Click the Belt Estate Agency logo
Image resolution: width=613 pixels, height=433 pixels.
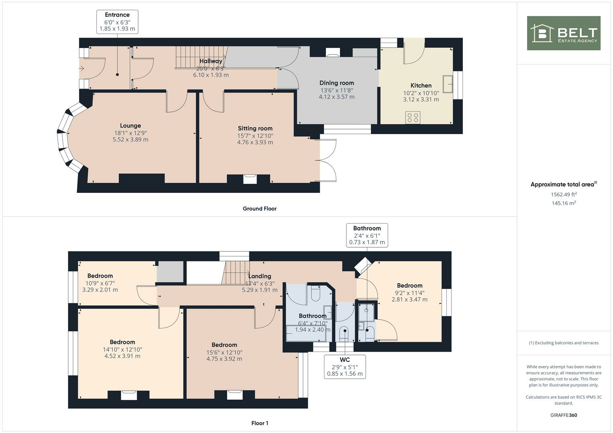coord(563,33)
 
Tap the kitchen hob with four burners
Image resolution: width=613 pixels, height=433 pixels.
coord(413,117)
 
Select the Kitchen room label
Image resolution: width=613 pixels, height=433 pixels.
coord(421,85)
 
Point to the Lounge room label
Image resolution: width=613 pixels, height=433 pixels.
coord(130,125)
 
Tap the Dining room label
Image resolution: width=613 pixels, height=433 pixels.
coord(336,83)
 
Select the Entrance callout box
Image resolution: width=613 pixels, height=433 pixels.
coord(117,22)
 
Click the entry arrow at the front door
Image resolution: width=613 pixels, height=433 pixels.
coord(81,69)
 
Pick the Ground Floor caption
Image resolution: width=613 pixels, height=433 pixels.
coord(259,208)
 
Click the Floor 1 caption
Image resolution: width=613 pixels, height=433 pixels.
coord(260,423)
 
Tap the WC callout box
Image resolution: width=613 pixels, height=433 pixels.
coord(344,366)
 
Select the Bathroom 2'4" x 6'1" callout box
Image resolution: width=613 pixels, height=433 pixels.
coord(367,235)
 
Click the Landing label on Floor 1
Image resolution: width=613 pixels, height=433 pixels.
coord(259,276)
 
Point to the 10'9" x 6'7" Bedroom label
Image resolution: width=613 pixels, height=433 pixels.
coord(100,276)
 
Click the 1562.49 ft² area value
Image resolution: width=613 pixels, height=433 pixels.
coord(564,194)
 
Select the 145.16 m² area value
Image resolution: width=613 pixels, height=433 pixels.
coord(564,203)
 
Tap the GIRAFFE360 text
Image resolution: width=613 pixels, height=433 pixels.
coord(564,415)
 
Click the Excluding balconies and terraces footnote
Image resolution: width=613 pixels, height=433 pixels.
coord(564,343)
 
